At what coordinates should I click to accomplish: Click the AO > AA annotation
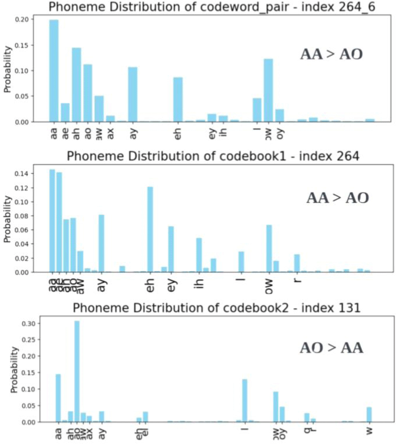pyautogui.click(x=331, y=348)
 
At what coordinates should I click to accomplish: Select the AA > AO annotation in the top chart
pyautogui.click(x=331, y=54)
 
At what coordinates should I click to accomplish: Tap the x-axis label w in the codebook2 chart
pyautogui.click(x=369, y=431)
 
